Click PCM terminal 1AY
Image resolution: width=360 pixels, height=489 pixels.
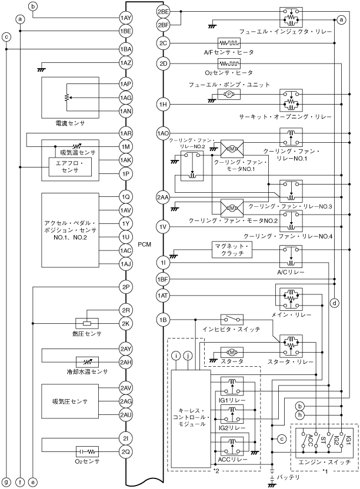(126, 18)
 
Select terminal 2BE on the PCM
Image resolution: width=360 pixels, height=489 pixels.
(163, 12)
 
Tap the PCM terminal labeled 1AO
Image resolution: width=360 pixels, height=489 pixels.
(163, 133)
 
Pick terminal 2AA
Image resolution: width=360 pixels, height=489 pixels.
(163, 197)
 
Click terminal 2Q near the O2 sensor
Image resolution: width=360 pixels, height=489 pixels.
(126, 451)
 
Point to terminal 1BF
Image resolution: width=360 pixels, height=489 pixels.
(163, 279)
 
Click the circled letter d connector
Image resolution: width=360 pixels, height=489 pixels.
(334, 303)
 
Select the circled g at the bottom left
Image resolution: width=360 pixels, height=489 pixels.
(6, 482)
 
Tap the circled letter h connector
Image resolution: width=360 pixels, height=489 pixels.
(300, 415)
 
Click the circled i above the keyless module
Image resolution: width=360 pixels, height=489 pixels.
(176, 355)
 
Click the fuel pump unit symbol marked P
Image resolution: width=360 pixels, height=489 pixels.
(229, 94)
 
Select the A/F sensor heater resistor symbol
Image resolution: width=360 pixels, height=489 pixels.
(229, 43)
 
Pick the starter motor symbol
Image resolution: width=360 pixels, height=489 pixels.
(232, 353)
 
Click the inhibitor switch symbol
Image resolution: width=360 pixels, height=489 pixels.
(232, 319)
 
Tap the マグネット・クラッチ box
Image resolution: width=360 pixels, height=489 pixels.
(232, 250)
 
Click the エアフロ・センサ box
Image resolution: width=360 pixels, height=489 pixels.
(70, 167)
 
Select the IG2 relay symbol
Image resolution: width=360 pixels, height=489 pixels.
(232, 414)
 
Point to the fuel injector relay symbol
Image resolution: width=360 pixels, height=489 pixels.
(291, 17)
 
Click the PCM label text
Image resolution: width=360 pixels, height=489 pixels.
(144, 244)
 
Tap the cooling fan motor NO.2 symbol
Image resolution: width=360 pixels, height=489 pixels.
(232, 208)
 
